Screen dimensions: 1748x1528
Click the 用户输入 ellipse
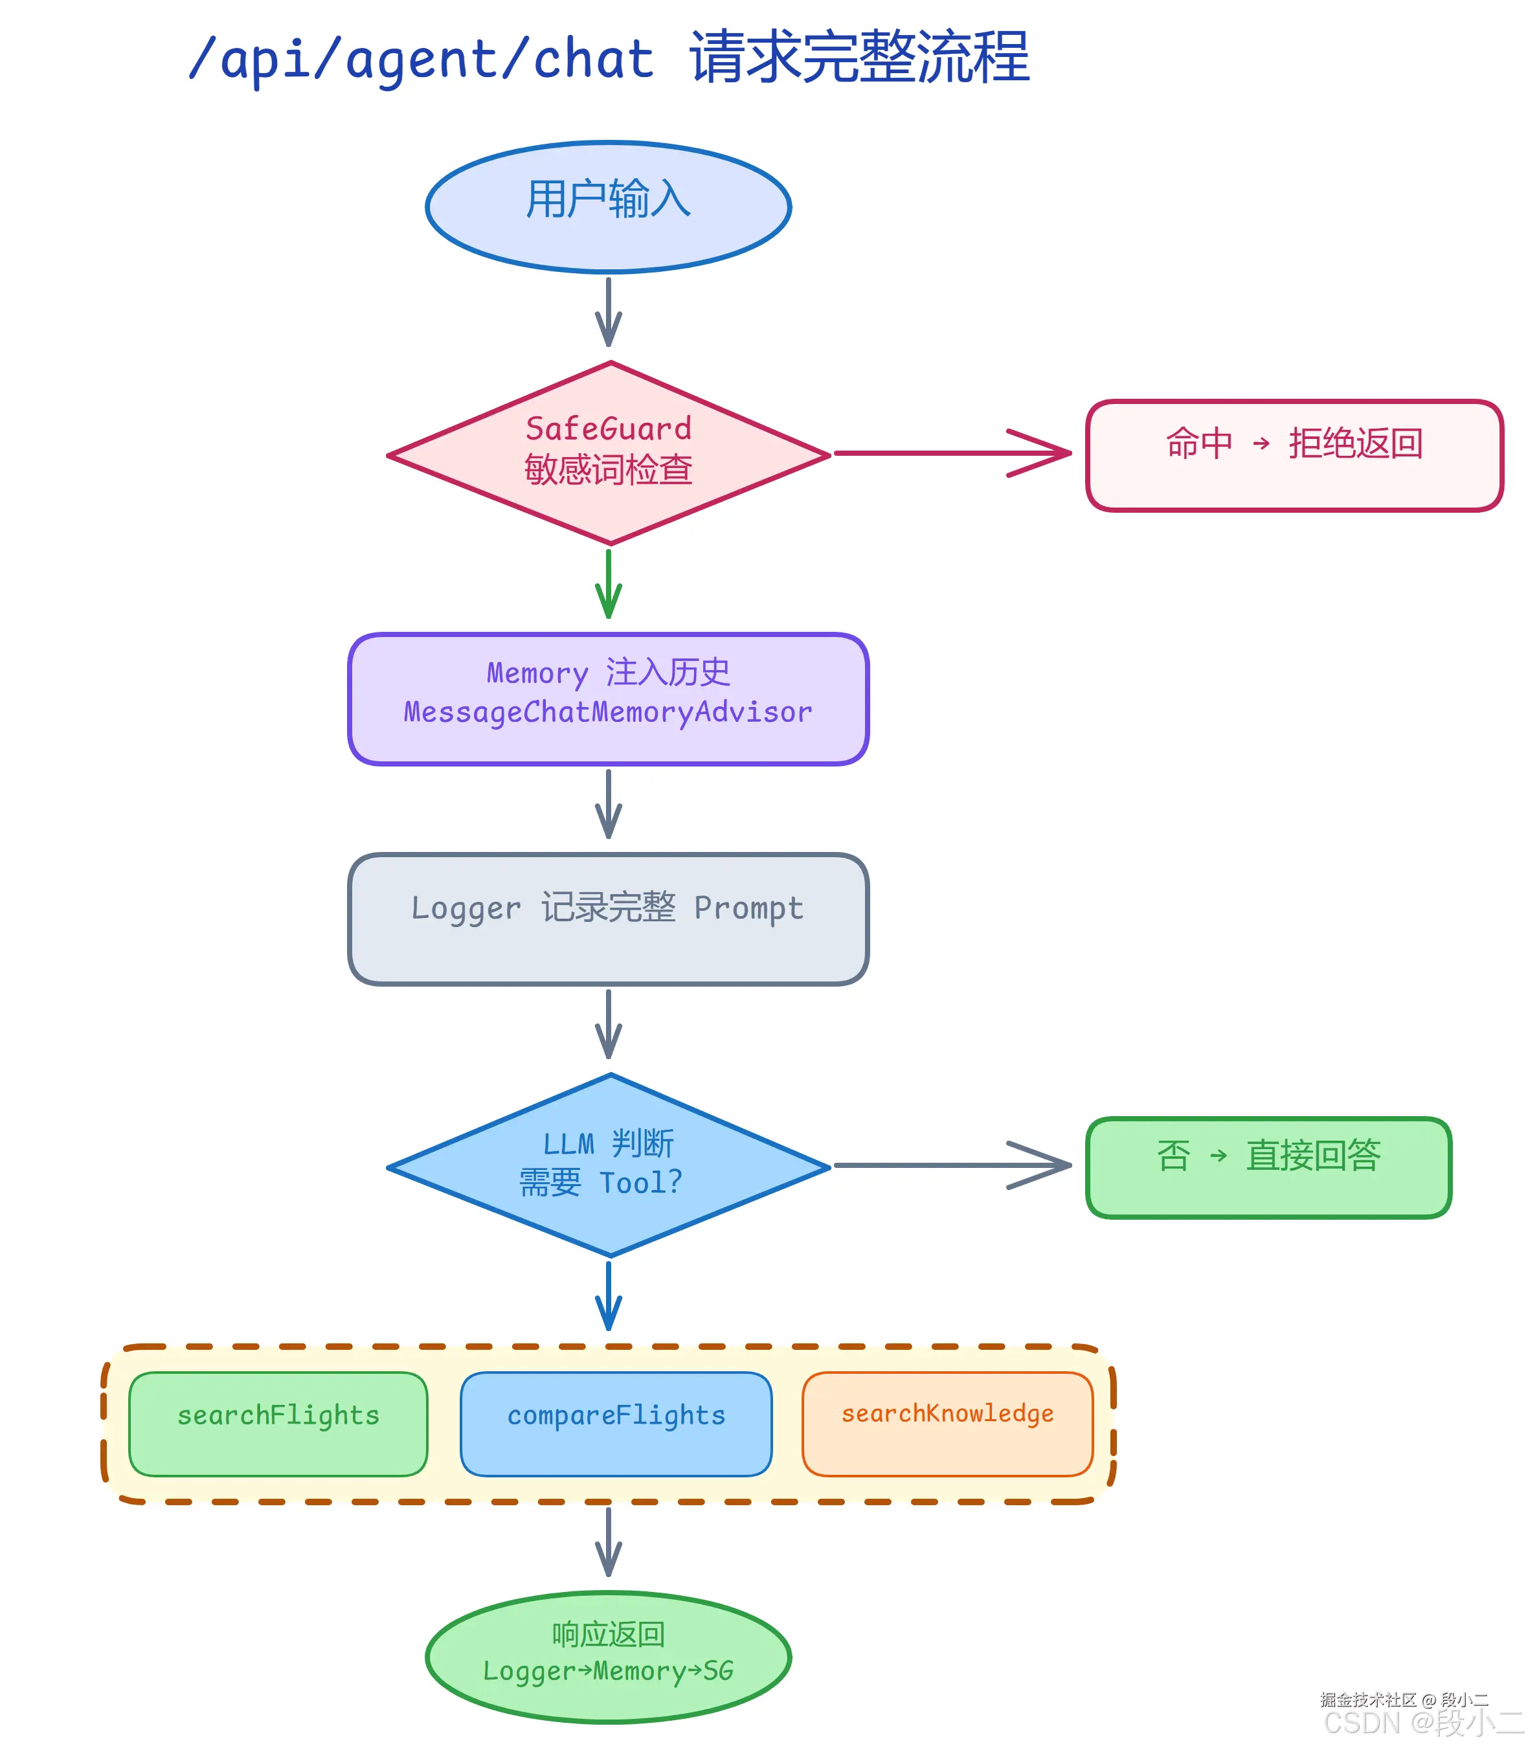point(608,207)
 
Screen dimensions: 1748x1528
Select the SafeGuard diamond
point(608,452)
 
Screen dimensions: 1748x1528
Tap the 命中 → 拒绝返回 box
point(1294,454)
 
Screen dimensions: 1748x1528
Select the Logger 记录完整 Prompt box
point(608,918)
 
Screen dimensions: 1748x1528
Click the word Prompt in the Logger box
point(748,907)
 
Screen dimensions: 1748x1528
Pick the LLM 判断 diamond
point(608,1164)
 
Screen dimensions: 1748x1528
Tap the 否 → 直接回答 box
point(1268,1167)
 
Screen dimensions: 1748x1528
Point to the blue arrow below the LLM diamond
point(608,1296)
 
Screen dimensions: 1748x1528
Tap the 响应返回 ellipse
point(608,1656)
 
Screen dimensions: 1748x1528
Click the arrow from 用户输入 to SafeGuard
point(608,311)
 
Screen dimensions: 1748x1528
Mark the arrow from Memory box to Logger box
point(608,803)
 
